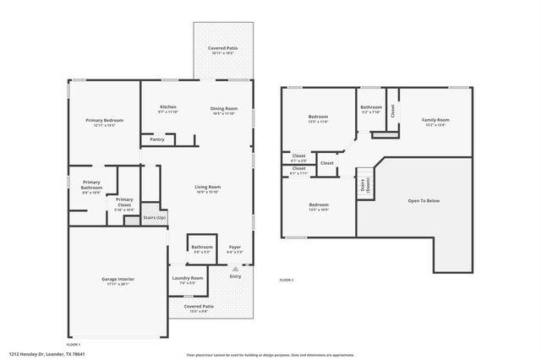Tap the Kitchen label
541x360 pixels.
[x=168, y=107]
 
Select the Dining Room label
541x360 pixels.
[x=224, y=108]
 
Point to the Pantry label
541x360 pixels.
[x=157, y=139]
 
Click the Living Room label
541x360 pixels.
[x=207, y=187]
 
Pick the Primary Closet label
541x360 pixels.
[x=124, y=203]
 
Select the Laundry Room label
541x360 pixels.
[x=188, y=278]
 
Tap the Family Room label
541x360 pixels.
[x=435, y=120]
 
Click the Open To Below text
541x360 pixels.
[x=424, y=200]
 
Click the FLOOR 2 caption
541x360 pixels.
[x=286, y=280]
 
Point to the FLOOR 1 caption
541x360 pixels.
[x=74, y=345]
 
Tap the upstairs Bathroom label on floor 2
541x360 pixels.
[x=371, y=107]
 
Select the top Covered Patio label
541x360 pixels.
[x=223, y=48]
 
